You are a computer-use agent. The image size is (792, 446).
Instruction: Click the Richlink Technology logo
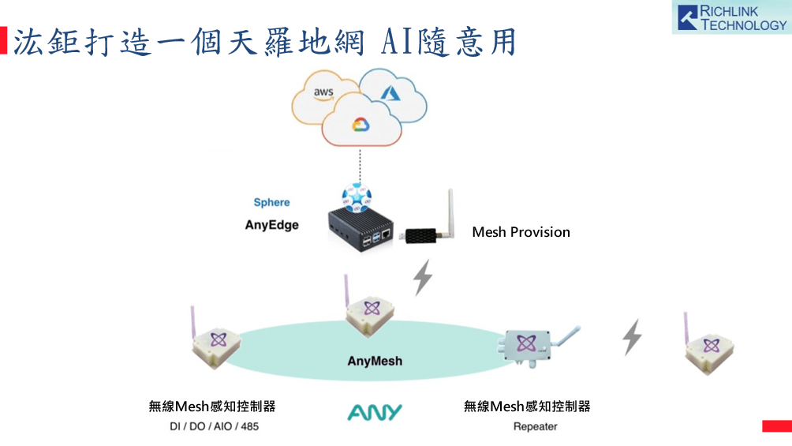730,17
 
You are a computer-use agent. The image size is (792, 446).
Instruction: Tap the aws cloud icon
323,93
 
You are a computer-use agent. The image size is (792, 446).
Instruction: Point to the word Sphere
271,203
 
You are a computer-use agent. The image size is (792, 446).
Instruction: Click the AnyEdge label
271,225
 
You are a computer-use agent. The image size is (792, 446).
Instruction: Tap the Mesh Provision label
521,232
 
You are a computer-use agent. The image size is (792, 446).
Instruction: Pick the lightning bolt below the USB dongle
424,277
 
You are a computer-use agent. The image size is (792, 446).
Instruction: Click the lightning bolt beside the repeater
632,337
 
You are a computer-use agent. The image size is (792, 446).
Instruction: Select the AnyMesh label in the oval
375,361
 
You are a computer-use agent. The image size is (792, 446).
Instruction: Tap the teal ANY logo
375,412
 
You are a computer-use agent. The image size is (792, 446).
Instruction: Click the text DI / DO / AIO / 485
214,427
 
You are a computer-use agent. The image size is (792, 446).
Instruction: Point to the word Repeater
535,427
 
